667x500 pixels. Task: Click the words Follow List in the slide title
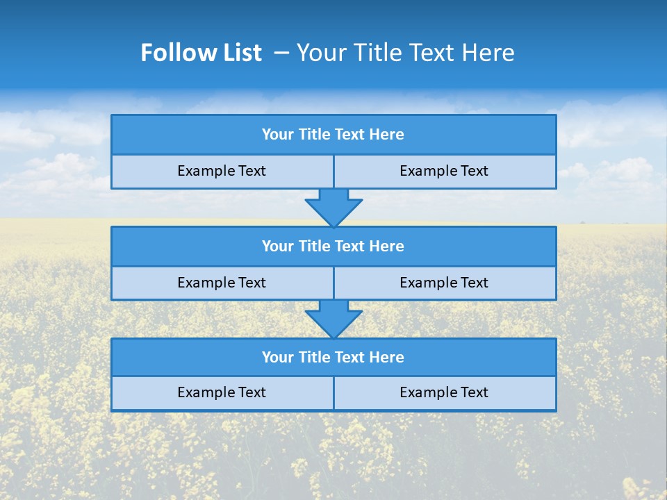201,53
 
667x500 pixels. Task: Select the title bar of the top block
333,135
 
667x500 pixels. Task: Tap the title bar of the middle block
333,246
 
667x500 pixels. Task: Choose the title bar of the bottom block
333,357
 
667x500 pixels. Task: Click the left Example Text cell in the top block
222,171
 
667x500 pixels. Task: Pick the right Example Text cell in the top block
445,171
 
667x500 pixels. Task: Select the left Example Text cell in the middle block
222,283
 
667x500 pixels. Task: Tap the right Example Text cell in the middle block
445,283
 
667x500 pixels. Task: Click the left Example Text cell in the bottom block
222,392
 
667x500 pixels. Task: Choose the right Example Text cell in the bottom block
445,392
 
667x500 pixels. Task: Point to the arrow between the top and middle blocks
333,207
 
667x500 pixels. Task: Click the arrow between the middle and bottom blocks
333,318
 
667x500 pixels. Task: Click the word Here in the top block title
387,135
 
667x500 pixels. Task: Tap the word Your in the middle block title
278,246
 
